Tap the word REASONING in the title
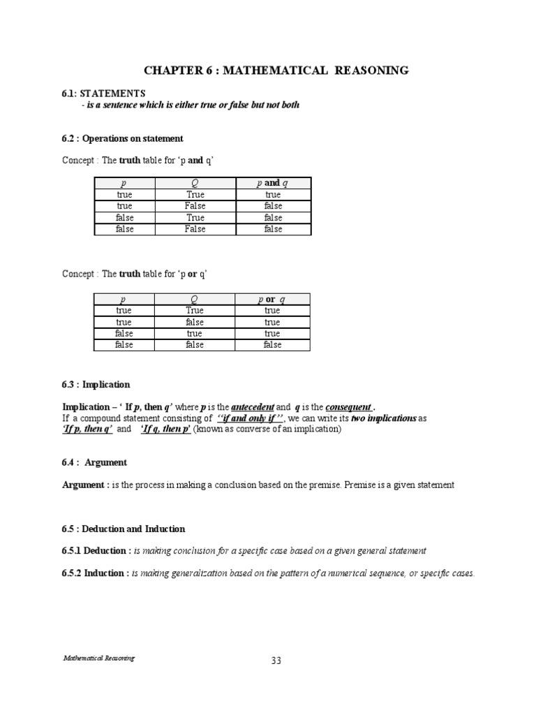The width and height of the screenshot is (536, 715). click(x=371, y=71)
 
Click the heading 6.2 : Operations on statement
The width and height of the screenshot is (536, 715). click(x=123, y=138)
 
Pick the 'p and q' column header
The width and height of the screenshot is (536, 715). click(x=272, y=183)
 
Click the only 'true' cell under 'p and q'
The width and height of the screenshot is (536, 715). click(x=272, y=195)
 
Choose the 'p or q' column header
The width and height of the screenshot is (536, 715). click(x=272, y=299)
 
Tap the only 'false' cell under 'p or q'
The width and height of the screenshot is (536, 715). click(x=272, y=345)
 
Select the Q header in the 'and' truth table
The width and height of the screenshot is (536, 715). click(x=195, y=183)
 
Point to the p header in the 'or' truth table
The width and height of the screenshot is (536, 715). click(x=124, y=299)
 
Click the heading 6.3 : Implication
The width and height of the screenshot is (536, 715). click(x=96, y=385)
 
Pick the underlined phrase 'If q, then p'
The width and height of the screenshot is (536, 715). click(x=166, y=429)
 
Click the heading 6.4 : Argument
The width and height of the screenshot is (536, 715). click(x=95, y=462)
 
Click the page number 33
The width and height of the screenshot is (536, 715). click(x=276, y=661)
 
